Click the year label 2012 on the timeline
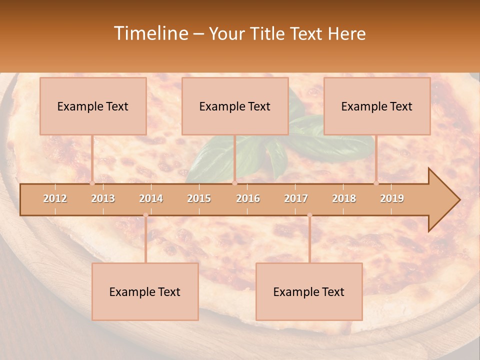[55, 198]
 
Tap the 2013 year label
[103, 198]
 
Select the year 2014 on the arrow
[151, 198]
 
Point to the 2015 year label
[199, 198]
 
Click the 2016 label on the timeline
[248, 198]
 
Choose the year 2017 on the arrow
[296, 198]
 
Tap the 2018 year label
[344, 198]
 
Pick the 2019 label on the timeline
[392, 198]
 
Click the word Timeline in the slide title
[150, 33]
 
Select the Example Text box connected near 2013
[93, 106]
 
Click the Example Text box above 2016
[235, 106]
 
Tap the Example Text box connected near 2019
[377, 106]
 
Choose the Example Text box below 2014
[145, 291]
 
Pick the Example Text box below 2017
[309, 291]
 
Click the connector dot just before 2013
[92, 183]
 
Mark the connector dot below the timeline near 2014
[145, 215]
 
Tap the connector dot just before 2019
[376, 183]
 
